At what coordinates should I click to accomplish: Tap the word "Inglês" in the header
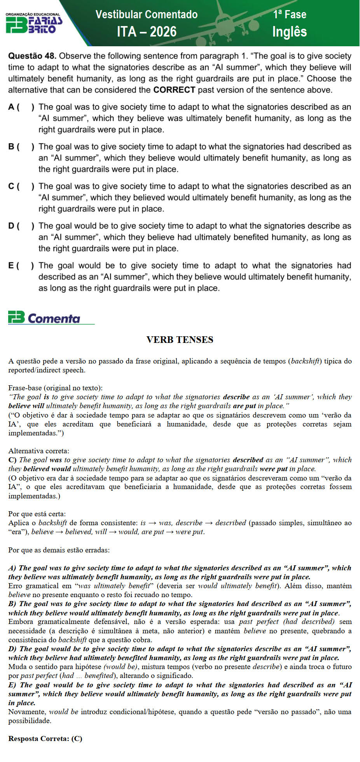tap(289, 32)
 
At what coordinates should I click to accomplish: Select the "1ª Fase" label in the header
tap(290, 14)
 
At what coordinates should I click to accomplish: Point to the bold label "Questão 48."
tap(32, 56)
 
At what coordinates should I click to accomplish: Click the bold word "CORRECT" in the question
tap(174, 90)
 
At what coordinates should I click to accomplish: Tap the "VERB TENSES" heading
tap(180, 340)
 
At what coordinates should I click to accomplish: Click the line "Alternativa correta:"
tap(39, 451)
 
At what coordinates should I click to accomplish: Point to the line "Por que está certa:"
tap(37, 514)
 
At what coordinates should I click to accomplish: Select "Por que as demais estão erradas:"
tap(59, 550)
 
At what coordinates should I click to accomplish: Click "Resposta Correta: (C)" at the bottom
tap(45, 739)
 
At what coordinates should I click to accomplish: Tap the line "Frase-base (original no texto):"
tap(56, 388)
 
